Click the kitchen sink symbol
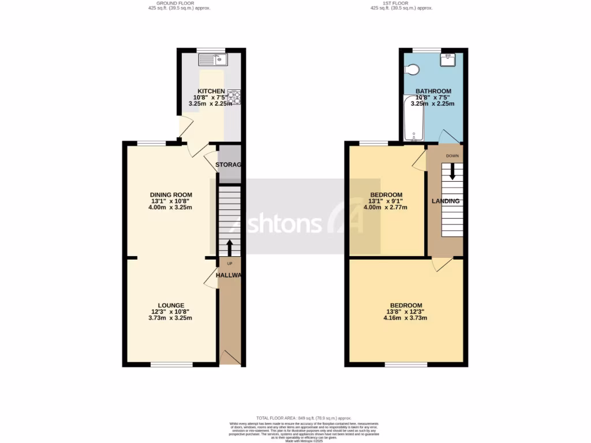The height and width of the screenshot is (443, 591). pyautogui.click(x=213, y=59)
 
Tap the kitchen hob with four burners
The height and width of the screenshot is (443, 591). pyautogui.click(x=234, y=97)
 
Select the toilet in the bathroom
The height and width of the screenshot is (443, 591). pyautogui.click(x=412, y=70)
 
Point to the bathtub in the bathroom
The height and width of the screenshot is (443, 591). pyautogui.click(x=413, y=119)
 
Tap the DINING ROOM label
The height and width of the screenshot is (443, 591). pyautogui.click(x=171, y=194)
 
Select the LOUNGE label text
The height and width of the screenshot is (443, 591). pyautogui.click(x=171, y=305)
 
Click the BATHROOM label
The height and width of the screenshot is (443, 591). pyautogui.click(x=433, y=91)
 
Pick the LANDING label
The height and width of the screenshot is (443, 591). pyautogui.click(x=446, y=201)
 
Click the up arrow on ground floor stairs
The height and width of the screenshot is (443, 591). pyautogui.click(x=230, y=247)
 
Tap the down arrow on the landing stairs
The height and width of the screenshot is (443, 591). pyautogui.click(x=452, y=170)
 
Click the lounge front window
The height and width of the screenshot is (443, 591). pyautogui.click(x=171, y=365)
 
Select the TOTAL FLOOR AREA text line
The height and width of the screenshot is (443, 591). pyautogui.click(x=304, y=418)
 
